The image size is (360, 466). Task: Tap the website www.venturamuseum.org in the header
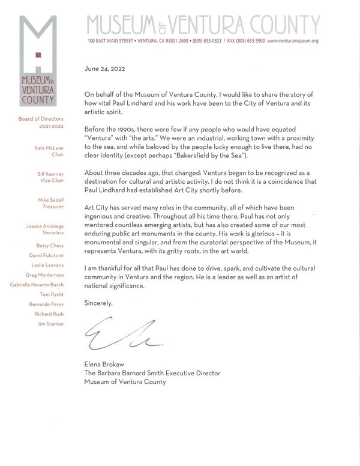[x=292, y=41]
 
